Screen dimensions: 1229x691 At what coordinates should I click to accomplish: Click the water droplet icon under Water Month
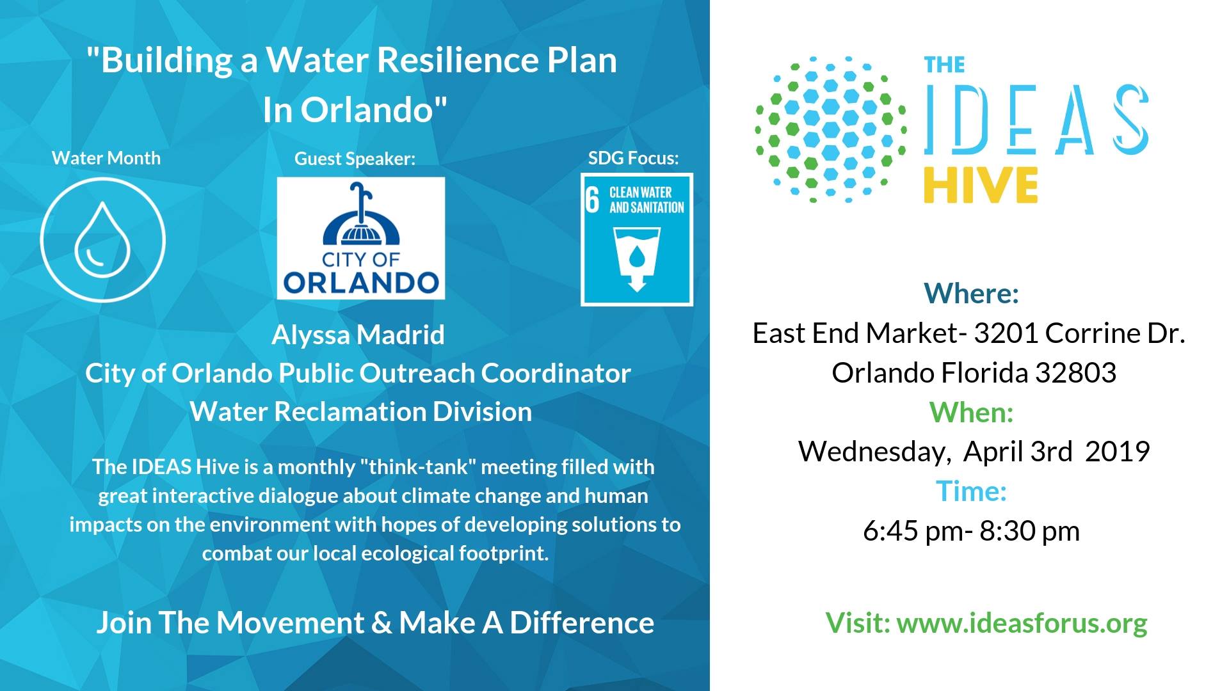click(x=102, y=239)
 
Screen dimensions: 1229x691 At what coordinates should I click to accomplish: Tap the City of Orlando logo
click(x=360, y=238)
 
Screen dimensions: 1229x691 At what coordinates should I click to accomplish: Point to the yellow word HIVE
click(x=981, y=186)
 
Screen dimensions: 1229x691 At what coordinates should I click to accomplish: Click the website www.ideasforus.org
click(x=1022, y=623)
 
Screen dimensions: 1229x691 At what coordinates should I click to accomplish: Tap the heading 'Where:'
click(x=971, y=293)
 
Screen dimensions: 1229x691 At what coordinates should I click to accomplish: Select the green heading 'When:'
click(x=971, y=412)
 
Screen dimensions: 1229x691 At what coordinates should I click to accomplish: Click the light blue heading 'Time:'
click(x=971, y=491)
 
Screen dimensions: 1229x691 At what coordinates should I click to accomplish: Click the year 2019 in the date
click(x=1117, y=451)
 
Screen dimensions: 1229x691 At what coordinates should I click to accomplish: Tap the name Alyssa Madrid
click(x=358, y=335)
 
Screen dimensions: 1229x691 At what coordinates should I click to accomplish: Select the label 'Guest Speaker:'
click(x=355, y=159)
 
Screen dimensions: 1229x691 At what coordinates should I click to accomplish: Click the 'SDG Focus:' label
click(x=633, y=158)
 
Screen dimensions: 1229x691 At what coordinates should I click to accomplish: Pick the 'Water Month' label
click(x=106, y=158)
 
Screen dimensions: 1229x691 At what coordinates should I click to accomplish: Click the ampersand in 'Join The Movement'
click(x=382, y=623)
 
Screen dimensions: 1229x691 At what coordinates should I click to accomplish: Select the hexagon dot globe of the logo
click(x=831, y=129)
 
